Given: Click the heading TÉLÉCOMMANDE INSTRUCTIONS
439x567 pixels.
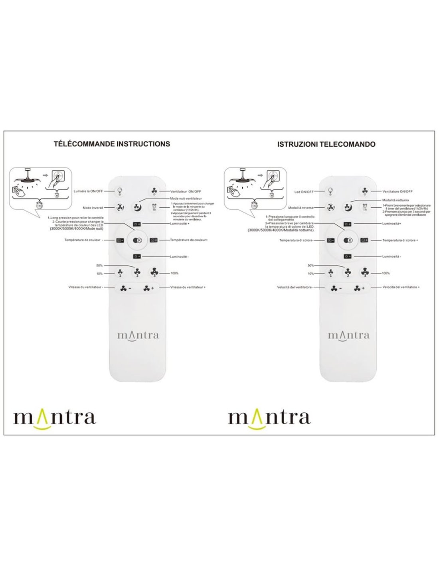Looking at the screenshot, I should click(112, 144).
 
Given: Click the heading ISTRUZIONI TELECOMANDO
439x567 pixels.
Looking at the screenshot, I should click(326, 144).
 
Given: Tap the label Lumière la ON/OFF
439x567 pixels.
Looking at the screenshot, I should click(88, 191).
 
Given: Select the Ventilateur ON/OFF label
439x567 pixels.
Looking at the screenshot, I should click(186, 191).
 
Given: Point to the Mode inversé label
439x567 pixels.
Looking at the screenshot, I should click(93, 208).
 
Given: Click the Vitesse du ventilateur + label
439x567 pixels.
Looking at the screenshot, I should click(188, 287).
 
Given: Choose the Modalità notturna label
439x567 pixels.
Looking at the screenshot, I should click(395, 200).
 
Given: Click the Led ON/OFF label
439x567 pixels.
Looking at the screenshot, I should click(304, 192).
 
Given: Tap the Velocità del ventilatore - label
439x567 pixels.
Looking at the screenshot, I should click(295, 287).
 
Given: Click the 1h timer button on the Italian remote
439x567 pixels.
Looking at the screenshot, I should click(364, 208).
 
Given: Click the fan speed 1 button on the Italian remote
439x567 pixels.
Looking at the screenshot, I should click(331, 273).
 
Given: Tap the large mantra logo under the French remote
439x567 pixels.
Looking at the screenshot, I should click(55, 418).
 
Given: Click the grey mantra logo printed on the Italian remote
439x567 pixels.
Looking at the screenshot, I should click(348, 335).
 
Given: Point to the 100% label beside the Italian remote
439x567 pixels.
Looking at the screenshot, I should click(386, 274).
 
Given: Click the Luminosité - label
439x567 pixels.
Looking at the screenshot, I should click(180, 257).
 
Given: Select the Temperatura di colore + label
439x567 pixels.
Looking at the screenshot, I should click(400, 240).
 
